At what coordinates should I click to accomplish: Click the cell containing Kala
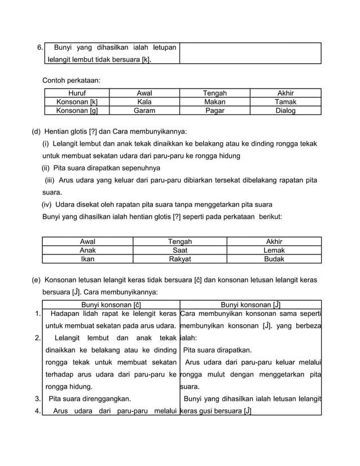click(144, 102)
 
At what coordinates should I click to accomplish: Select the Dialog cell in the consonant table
click(285, 111)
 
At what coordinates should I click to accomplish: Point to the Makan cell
click(214, 102)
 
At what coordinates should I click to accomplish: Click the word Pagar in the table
click(214, 111)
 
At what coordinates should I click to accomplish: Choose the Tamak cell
click(285, 102)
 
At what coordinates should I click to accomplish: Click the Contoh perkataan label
click(71, 80)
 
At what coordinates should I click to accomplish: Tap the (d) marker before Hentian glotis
click(36, 131)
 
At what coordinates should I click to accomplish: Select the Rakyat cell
click(180, 260)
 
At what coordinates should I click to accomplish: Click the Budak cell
click(274, 260)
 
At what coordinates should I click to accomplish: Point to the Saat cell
click(180, 250)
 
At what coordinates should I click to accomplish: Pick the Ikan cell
click(87, 260)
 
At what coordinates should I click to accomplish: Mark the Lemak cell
click(274, 250)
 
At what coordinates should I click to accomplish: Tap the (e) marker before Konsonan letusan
click(36, 280)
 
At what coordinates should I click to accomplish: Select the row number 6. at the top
click(40, 47)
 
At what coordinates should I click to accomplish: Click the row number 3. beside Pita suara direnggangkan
click(37, 398)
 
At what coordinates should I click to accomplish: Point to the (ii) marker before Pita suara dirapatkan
click(46, 168)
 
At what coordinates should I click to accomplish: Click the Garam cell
click(144, 111)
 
